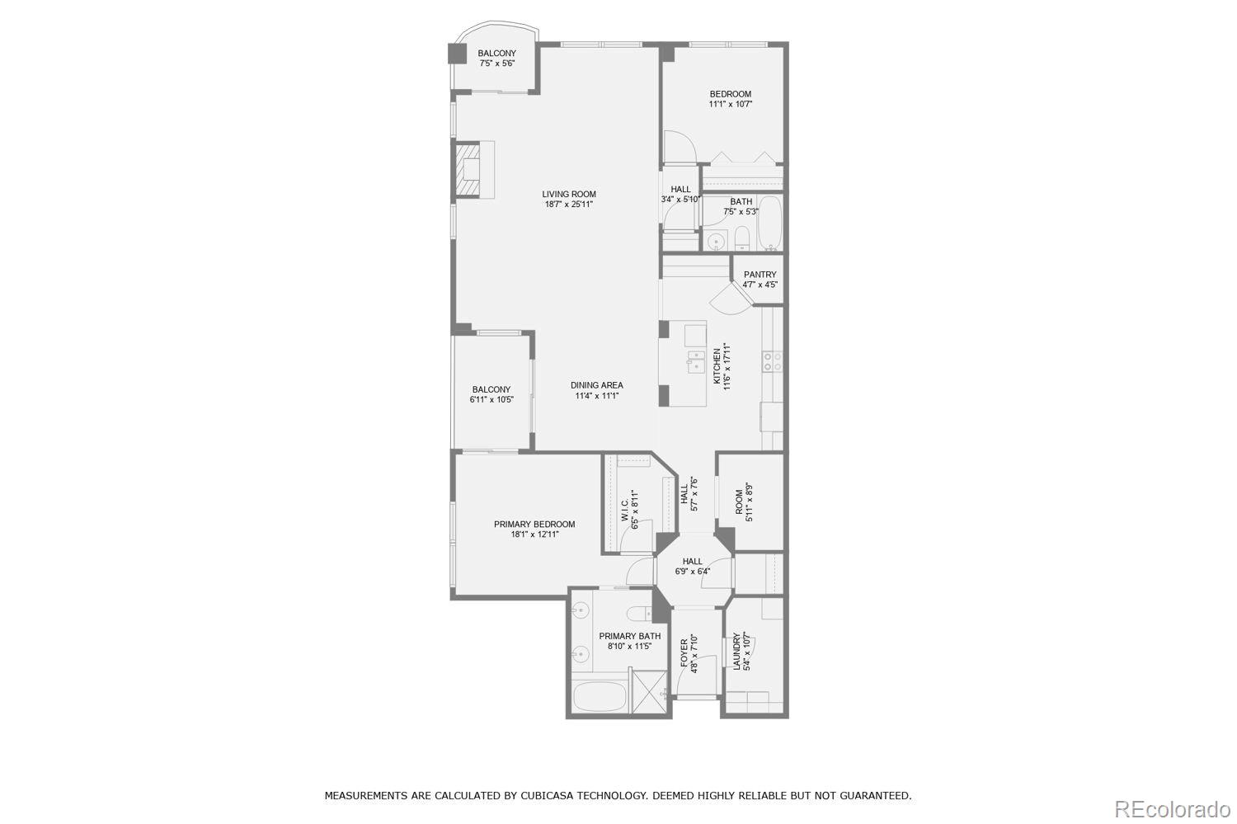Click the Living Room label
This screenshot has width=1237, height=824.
(568, 195)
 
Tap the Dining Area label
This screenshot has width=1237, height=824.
(596, 385)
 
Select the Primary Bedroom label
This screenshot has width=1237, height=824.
(534, 525)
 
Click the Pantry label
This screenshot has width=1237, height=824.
(760, 275)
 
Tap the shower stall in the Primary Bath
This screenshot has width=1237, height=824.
(650, 692)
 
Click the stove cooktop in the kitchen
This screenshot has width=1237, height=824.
(773, 360)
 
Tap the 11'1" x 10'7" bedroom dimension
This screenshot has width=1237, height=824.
(730, 105)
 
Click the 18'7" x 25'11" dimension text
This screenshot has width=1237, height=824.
(568, 205)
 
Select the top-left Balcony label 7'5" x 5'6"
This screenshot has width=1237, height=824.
(496, 58)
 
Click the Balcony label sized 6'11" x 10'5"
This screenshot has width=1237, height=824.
(491, 394)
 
